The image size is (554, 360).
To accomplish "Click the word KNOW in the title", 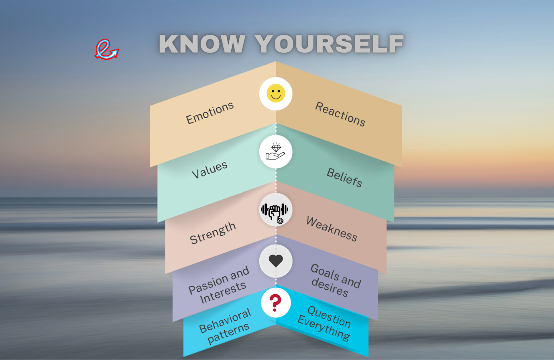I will [202, 44].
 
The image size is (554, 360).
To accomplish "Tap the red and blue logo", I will [107, 49].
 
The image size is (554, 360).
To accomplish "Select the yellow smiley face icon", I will [276, 94].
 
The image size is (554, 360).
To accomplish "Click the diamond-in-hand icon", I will [276, 152].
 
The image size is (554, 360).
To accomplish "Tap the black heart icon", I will [276, 261].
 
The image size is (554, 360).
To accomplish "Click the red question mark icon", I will [275, 303].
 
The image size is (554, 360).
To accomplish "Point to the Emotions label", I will [210, 113].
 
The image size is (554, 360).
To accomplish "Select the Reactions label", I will [340, 114].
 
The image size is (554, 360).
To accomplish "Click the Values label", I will [210, 170].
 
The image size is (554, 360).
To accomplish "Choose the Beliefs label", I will [344, 177].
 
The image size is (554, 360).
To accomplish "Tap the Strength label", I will [213, 233].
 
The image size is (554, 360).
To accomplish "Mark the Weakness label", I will [332, 229].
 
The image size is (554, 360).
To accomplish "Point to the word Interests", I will [223, 293].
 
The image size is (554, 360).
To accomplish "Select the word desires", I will [330, 287].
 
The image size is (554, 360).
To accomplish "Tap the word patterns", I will [228, 333].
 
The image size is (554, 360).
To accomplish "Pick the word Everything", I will [324, 327].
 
